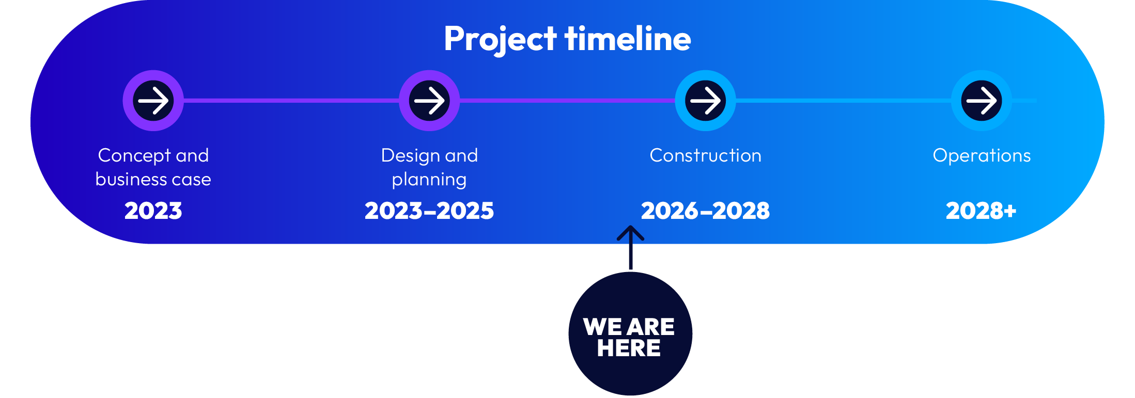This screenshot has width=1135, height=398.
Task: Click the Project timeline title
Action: [567, 39]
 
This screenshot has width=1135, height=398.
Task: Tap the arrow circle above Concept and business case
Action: [153, 101]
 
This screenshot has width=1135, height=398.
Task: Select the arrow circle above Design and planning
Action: [429, 101]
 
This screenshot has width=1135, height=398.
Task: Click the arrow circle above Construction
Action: [705, 101]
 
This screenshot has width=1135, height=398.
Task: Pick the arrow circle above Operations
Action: [981, 101]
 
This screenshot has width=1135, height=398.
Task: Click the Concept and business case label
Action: [153, 167]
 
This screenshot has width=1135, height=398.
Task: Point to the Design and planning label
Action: [429, 167]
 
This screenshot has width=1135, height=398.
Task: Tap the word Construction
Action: [705, 155]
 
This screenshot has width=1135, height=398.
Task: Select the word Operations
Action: [982, 155]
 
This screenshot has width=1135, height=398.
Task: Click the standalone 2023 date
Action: [153, 211]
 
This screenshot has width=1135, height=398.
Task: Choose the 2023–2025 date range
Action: [429, 211]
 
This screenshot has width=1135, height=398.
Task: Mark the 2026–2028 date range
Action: [705, 211]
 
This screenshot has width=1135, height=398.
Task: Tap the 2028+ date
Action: [981, 211]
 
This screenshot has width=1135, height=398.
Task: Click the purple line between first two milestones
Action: [291, 101]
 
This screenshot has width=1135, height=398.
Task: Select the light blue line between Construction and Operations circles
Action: [843, 101]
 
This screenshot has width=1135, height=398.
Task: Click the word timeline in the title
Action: [628, 39]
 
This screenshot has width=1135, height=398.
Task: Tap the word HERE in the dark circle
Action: [629, 348]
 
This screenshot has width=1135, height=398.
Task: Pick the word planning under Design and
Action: [429, 180]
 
